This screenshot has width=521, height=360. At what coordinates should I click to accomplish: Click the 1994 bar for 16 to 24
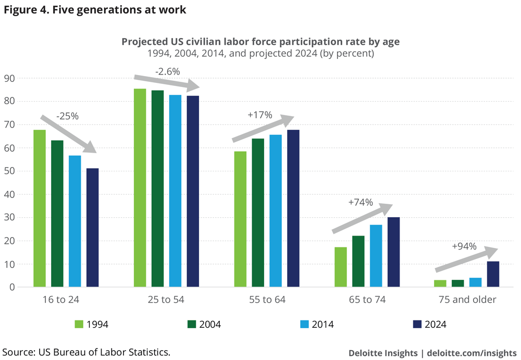(40, 208)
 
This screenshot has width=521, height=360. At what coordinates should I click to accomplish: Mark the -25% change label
(67, 116)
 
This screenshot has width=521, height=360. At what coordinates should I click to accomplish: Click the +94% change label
(464, 246)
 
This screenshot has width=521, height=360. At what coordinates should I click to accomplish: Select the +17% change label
(260, 115)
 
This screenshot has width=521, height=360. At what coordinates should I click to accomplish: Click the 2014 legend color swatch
(306, 324)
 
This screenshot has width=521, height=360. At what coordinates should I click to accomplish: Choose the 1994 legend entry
(91, 324)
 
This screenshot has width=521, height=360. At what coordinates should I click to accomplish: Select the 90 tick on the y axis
(10, 79)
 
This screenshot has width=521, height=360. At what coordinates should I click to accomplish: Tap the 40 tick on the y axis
(10, 194)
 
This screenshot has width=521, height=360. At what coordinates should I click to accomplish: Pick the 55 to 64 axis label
(267, 300)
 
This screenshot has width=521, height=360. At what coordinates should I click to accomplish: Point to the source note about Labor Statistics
(86, 352)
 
